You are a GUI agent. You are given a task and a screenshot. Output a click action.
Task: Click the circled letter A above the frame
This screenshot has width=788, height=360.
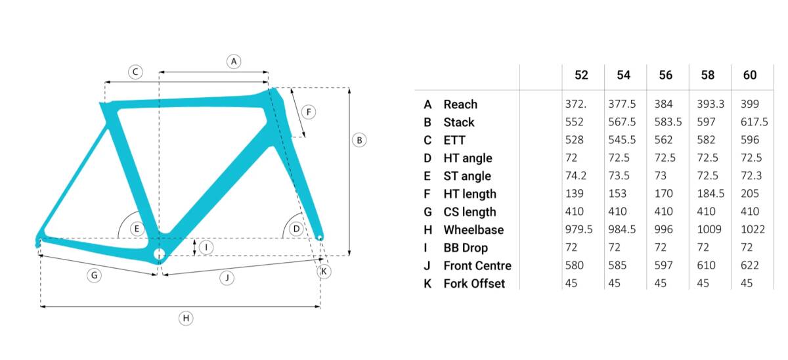click(234, 62)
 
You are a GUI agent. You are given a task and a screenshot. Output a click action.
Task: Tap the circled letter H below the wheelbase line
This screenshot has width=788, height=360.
click(186, 318)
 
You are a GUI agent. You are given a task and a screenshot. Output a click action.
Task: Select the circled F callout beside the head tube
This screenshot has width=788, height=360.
click(309, 112)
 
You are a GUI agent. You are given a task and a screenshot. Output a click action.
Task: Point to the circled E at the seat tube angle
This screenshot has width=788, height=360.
click(137, 229)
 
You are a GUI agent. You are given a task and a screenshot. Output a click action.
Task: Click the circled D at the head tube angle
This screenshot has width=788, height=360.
click(296, 229)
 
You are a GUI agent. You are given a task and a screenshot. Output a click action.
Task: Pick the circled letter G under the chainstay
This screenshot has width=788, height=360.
click(95, 275)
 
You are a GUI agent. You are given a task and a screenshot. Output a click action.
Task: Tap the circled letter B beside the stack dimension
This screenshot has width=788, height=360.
click(359, 140)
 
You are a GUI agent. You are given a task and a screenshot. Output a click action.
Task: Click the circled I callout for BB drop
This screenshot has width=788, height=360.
click(206, 247)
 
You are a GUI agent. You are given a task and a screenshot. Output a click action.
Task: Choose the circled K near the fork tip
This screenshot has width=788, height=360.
click(324, 271)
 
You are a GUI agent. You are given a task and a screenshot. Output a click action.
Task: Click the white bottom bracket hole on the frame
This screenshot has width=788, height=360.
click(159, 254)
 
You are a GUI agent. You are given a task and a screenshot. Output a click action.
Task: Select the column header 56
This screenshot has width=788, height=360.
click(666, 75)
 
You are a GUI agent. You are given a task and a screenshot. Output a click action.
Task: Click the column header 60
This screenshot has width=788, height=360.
click(750, 75)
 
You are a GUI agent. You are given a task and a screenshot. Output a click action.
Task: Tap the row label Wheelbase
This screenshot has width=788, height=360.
click(473, 230)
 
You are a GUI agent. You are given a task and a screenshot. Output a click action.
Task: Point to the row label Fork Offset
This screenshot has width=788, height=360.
click(474, 283)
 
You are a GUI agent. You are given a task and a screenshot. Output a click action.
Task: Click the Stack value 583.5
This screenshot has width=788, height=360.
click(668, 122)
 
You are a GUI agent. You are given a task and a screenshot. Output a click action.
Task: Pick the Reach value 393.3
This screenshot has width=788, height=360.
click(711, 104)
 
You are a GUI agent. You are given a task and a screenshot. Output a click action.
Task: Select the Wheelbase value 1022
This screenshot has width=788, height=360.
click(753, 229)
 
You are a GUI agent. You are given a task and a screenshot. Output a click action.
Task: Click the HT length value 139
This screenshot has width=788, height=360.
click(575, 194)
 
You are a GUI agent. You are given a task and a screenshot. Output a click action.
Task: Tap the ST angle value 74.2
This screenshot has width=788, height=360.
click(576, 175)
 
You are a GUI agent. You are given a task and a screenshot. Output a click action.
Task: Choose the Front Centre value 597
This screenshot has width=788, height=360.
click(663, 265)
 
